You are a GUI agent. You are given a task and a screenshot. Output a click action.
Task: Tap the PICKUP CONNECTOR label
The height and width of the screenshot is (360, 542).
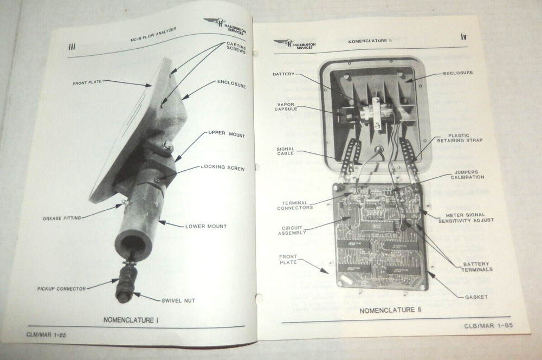coord(61,288)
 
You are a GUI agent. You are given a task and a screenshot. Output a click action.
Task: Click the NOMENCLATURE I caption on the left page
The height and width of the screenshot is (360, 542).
coord(131,320)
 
